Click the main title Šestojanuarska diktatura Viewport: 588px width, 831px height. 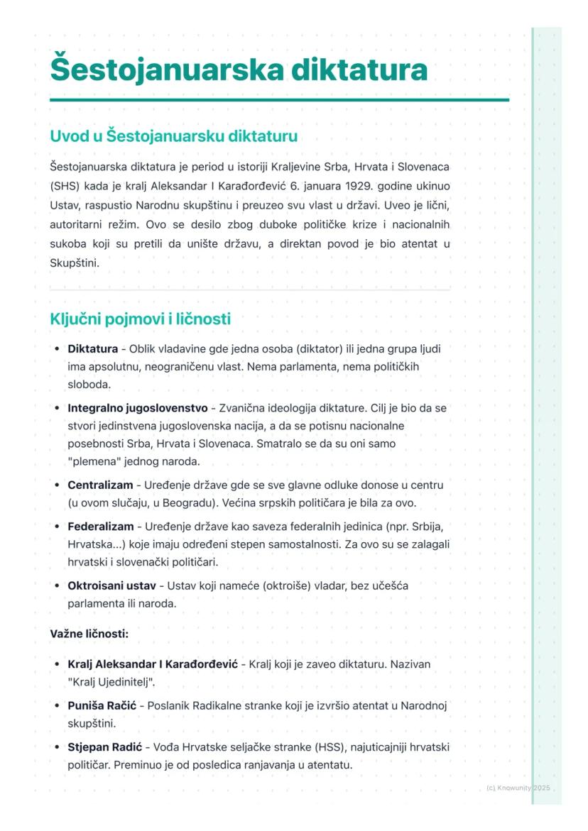239,70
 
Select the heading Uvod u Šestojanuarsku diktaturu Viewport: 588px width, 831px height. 173,136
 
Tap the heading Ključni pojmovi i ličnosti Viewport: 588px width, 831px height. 140,319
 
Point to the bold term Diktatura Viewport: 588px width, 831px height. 92,349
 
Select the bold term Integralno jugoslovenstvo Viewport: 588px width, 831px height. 137,408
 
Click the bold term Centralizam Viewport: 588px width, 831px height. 99,485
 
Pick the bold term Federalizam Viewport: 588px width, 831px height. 100,527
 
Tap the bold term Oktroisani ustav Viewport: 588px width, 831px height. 112,586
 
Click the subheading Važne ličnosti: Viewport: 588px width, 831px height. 89,633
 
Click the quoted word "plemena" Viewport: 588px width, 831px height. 93,461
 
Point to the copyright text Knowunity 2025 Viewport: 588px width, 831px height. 518,788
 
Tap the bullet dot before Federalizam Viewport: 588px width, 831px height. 57,527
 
